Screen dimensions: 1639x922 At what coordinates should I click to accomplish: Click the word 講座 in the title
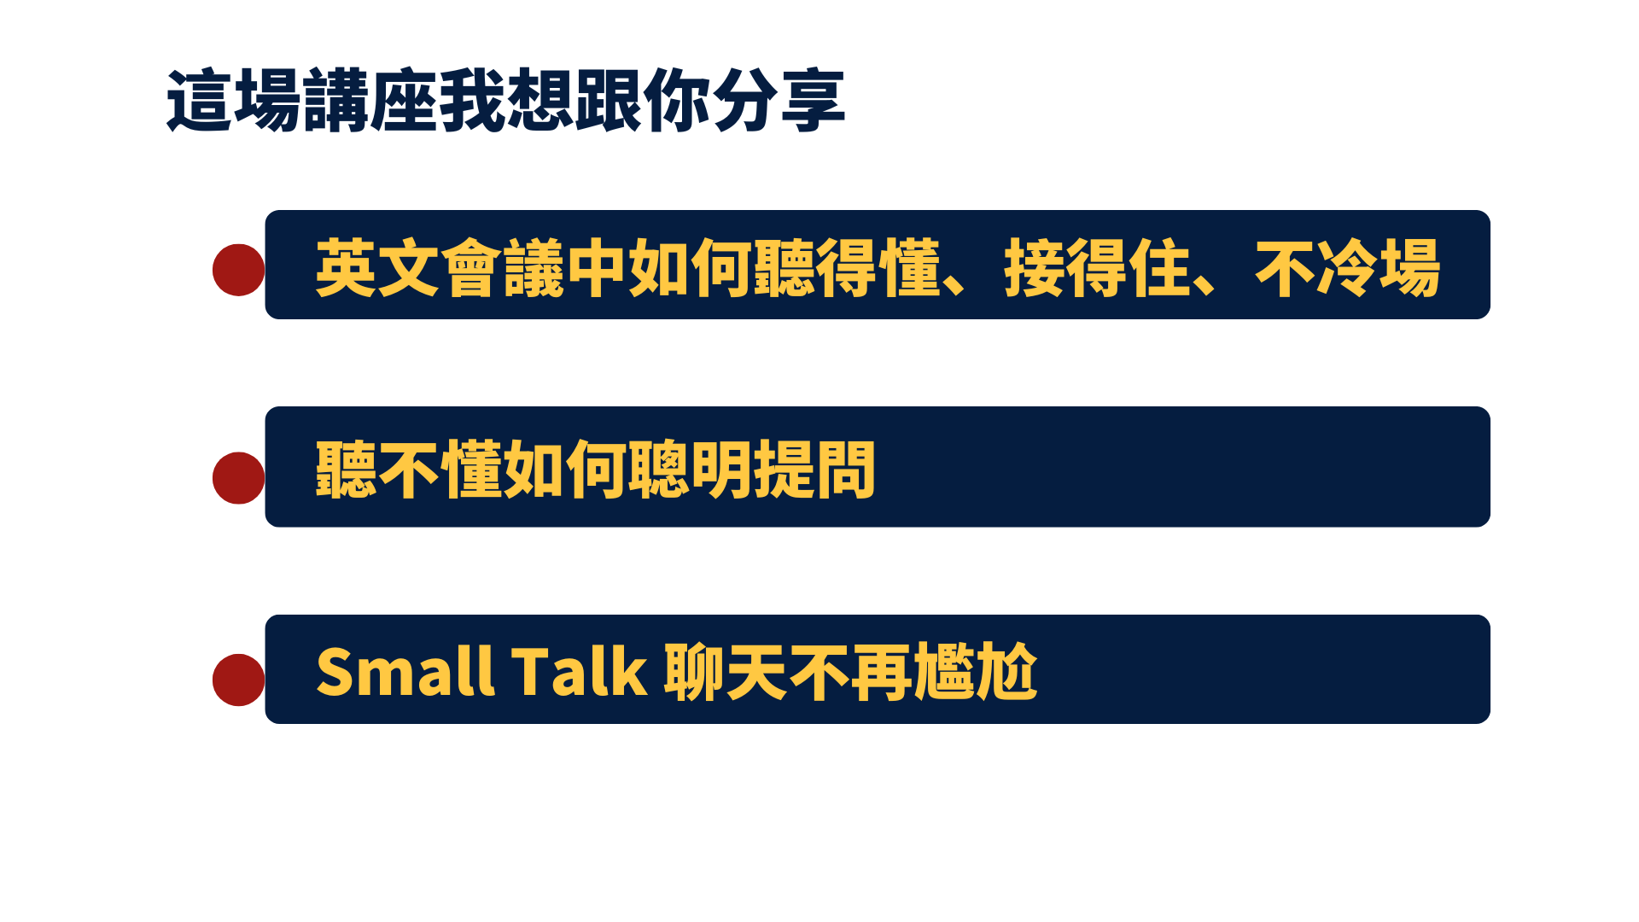(370, 102)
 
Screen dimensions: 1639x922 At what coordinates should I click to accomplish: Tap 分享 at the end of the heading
(779, 102)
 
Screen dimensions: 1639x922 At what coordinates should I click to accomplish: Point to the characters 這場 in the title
(234, 102)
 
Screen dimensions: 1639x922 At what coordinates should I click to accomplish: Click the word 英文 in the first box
(377, 268)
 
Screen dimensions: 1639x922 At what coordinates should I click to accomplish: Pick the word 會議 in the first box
(503, 268)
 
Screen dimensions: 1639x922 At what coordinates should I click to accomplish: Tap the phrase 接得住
(1098, 268)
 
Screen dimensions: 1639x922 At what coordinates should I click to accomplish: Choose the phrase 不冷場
(1348, 268)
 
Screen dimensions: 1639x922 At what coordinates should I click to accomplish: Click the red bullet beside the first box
(238, 270)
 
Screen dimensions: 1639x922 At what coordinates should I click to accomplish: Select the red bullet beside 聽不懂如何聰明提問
(238, 478)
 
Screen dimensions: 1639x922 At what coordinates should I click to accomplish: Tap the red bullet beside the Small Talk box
(238, 680)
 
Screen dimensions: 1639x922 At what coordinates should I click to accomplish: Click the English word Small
(405, 671)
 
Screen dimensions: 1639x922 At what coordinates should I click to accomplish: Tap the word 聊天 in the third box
(726, 672)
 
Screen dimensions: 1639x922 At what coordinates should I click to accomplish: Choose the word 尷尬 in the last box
(976, 672)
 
